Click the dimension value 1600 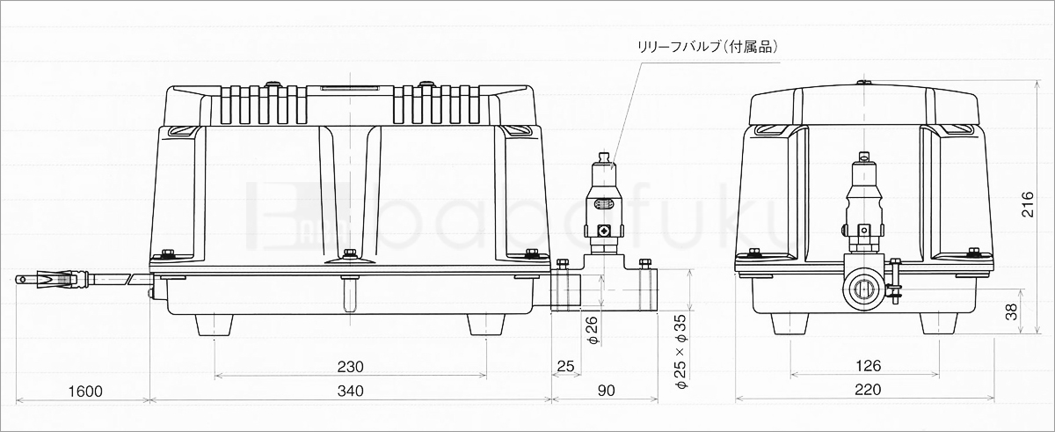[85, 391]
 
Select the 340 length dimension [351, 391]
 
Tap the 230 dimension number [351, 367]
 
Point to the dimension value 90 [607, 391]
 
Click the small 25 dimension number [565, 366]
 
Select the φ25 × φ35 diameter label [681, 352]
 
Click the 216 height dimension [1027, 204]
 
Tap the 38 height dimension [1011, 311]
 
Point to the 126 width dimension [868, 366]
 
